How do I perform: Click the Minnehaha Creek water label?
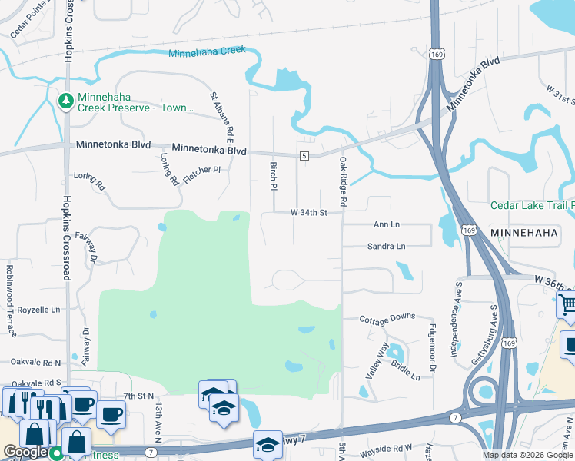click(207, 51)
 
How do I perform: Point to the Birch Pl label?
click(273, 175)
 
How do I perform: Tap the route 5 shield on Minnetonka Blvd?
click(304, 156)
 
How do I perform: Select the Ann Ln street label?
click(387, 224)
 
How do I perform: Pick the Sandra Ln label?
click(386, 247)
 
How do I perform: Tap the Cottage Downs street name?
click(389, 317)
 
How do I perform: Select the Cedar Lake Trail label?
click(532, 205)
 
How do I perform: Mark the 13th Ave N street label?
click(158, 423)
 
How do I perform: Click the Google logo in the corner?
click(25, 452)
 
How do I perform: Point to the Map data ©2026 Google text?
click(527, 455)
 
